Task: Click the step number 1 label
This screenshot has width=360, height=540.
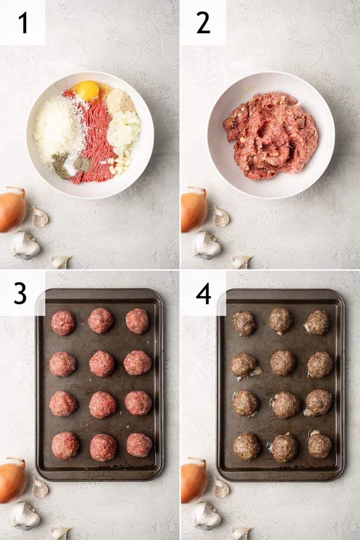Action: [23, 22]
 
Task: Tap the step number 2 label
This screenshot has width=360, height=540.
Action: [203, 22]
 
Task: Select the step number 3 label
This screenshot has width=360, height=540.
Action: [20, 294]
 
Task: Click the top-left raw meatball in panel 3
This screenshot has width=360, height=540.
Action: [63, 321]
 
